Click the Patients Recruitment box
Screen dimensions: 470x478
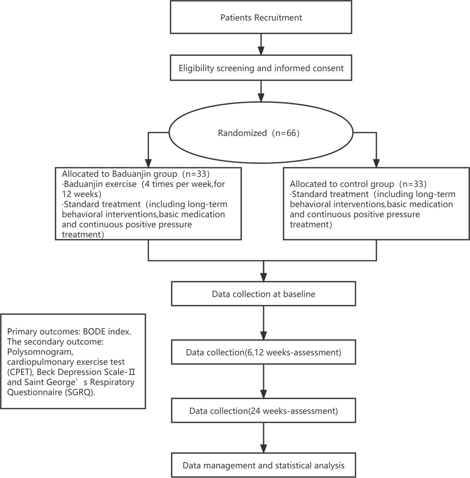[261, 17]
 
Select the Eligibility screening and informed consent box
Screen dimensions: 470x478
[261, 68]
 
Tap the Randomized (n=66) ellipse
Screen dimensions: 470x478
[261, 133]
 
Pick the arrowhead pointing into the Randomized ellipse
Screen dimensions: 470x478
[261, 97]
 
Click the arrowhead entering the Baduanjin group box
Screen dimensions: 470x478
[148, 163]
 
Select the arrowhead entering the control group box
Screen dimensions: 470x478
[376, 163]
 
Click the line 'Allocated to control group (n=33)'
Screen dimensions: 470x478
[358, 184]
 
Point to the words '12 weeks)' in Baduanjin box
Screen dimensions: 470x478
[82, 194]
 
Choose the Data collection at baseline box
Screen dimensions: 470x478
[263, 294]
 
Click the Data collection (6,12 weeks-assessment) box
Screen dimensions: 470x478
[263, 352]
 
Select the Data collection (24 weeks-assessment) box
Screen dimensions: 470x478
[263, 411]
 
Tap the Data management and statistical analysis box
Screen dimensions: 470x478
[263, 465]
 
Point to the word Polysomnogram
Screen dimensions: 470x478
[40, 352]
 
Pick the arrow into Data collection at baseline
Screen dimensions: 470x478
[263, 271]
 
